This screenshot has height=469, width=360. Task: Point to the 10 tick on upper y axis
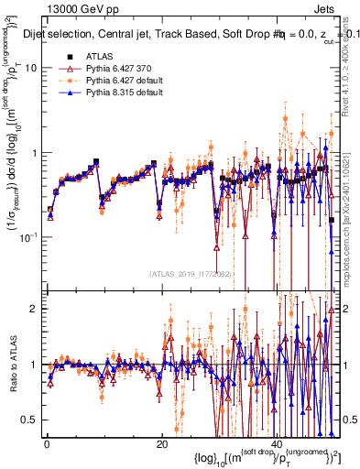pyautogui.click(x=32, y=69)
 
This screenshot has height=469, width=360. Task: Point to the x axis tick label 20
pyautogui.click(x=162, y=444)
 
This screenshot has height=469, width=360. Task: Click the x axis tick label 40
pyautogui.click(x=278, y=444)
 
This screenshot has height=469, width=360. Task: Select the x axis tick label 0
pyautogui.click(x=47, y=444)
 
